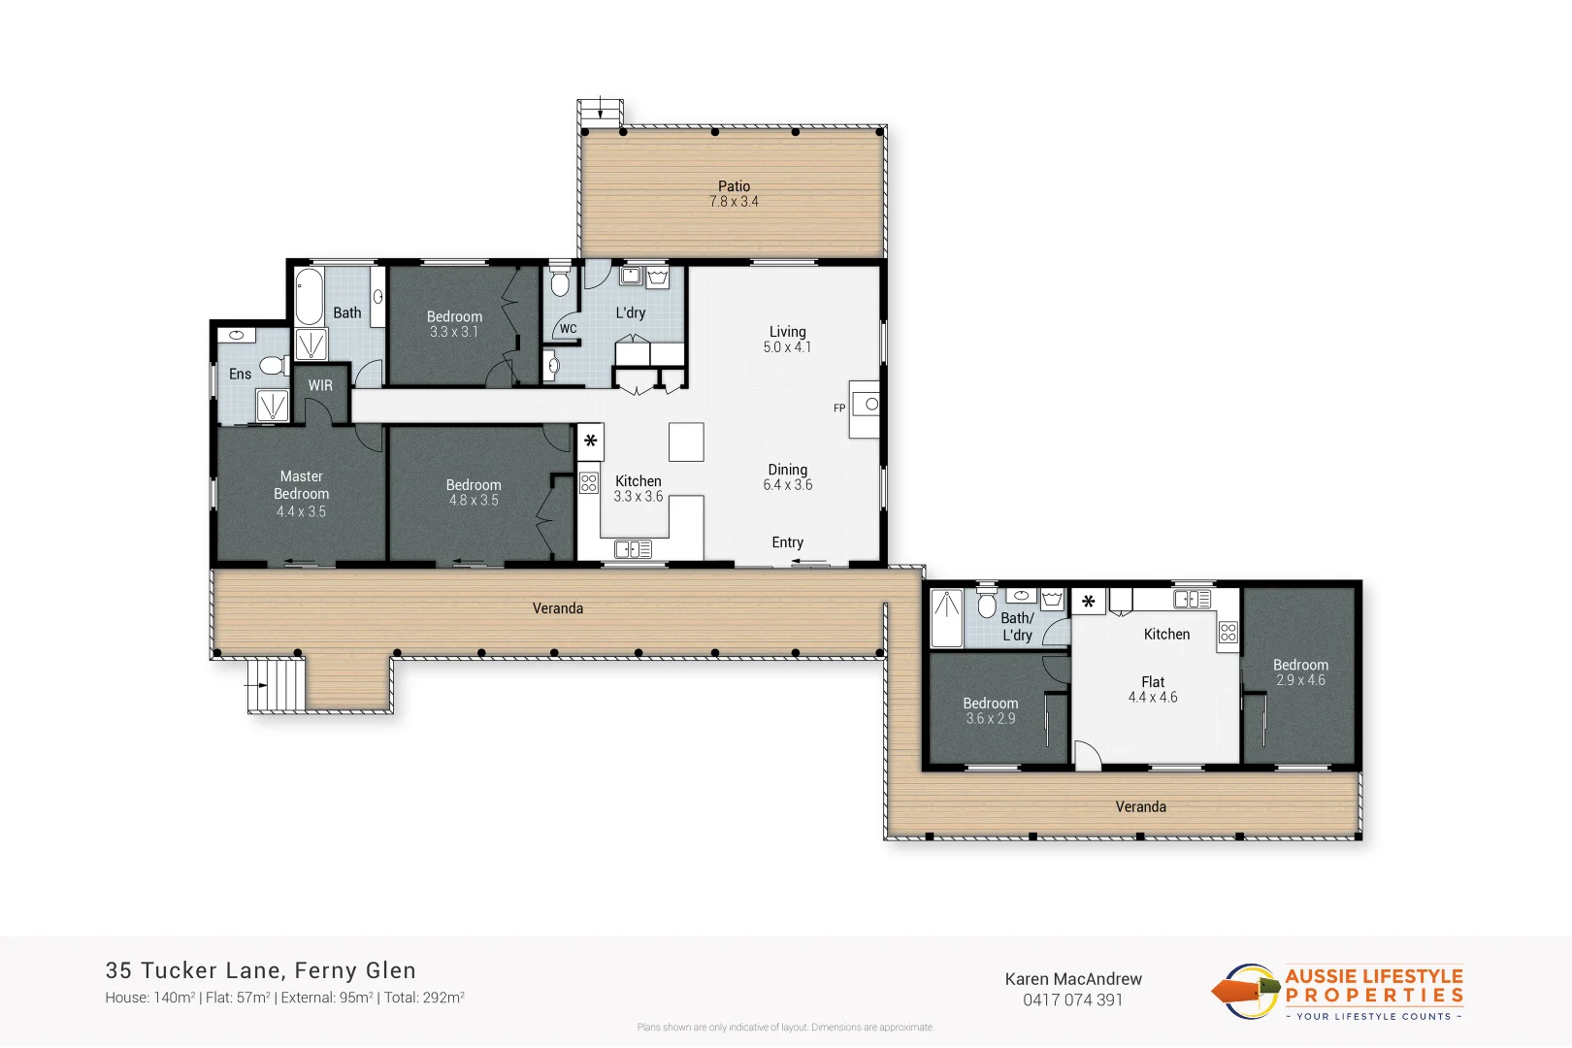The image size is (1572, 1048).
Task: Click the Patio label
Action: (x=734, y=186)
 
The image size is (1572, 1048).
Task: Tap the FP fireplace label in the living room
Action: (x=839, y=409)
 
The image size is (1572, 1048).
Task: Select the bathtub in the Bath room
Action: (x=309, y=297)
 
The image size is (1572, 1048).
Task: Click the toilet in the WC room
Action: (x=559, y=283)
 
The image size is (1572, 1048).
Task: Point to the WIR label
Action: (x=320, y=385)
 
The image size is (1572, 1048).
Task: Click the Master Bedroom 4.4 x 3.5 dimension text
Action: (x=301, y=511)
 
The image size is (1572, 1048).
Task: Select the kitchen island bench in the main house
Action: (x=686, y=442)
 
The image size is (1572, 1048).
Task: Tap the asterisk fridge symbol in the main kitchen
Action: (x=590, y=442)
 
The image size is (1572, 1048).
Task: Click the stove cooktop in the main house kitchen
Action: (x=589, y=482)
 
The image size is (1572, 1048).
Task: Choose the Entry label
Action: (x=787, y=542)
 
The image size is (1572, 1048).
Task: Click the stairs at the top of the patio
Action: (x=600, y=112)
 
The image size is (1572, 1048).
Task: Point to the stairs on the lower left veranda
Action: (x=276, y=685)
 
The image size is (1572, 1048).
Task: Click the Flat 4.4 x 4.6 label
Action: (x=1153, y=689)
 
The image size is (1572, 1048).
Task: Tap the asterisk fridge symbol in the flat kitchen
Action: (x=1088, y=603)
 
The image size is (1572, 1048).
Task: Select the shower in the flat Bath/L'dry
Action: (x=946, y=618)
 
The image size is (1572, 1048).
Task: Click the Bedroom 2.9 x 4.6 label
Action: (x=1300, y=672)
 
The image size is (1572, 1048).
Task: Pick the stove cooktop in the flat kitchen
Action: (x=1228, y=634)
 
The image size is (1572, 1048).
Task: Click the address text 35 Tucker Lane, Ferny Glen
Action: (x=260, y=970)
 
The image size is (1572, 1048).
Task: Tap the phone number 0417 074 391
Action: (x=1072, y=999)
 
